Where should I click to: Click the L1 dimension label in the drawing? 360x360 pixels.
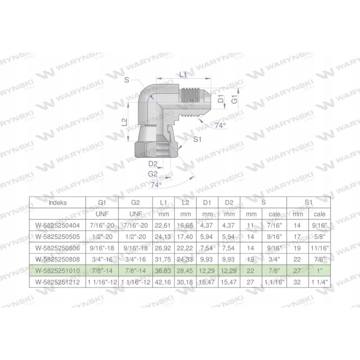(x=183, y=75)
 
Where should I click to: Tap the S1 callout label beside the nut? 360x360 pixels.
(x=196, y=140)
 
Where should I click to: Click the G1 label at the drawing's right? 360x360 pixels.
(x=234, y=100)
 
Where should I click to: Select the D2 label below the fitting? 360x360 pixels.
(x=153, y=164)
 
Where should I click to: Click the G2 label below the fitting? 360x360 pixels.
(x=153, y=174)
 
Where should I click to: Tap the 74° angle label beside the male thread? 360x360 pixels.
(x=220, y=126)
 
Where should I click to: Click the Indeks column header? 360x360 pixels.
(x=57, y=202)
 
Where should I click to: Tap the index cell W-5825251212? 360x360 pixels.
(x=57, y=281)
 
